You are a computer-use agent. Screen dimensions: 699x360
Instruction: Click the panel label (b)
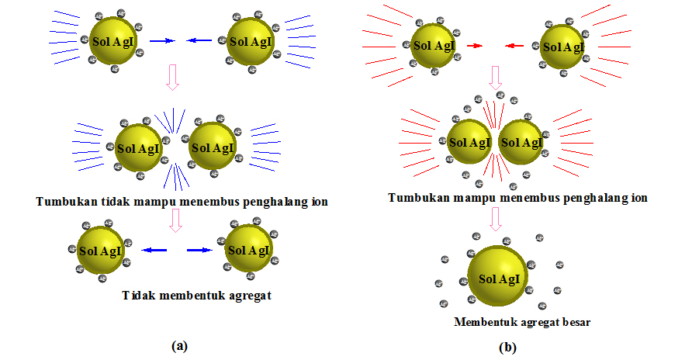click(507, 348)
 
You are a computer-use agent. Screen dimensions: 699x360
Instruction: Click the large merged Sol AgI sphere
click(498, 278)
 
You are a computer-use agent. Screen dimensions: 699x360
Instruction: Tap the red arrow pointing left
click(514, 46)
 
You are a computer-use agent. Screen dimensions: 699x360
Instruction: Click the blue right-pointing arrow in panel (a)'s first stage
click(162, 41)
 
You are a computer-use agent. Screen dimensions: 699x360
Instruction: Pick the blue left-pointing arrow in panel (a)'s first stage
click(202, 41)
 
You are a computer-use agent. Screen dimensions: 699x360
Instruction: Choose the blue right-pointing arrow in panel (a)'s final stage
click(199, 251)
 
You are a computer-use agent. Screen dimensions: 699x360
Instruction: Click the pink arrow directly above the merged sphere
click(495, 220)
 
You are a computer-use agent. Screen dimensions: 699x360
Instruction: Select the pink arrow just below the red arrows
click(495, 78)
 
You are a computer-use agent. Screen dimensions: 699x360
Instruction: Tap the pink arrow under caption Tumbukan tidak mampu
click(175, 221)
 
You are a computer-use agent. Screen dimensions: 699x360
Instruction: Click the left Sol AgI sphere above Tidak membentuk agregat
click(99, 251)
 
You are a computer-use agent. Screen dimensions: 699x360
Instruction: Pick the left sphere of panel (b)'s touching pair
click(469, 143)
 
